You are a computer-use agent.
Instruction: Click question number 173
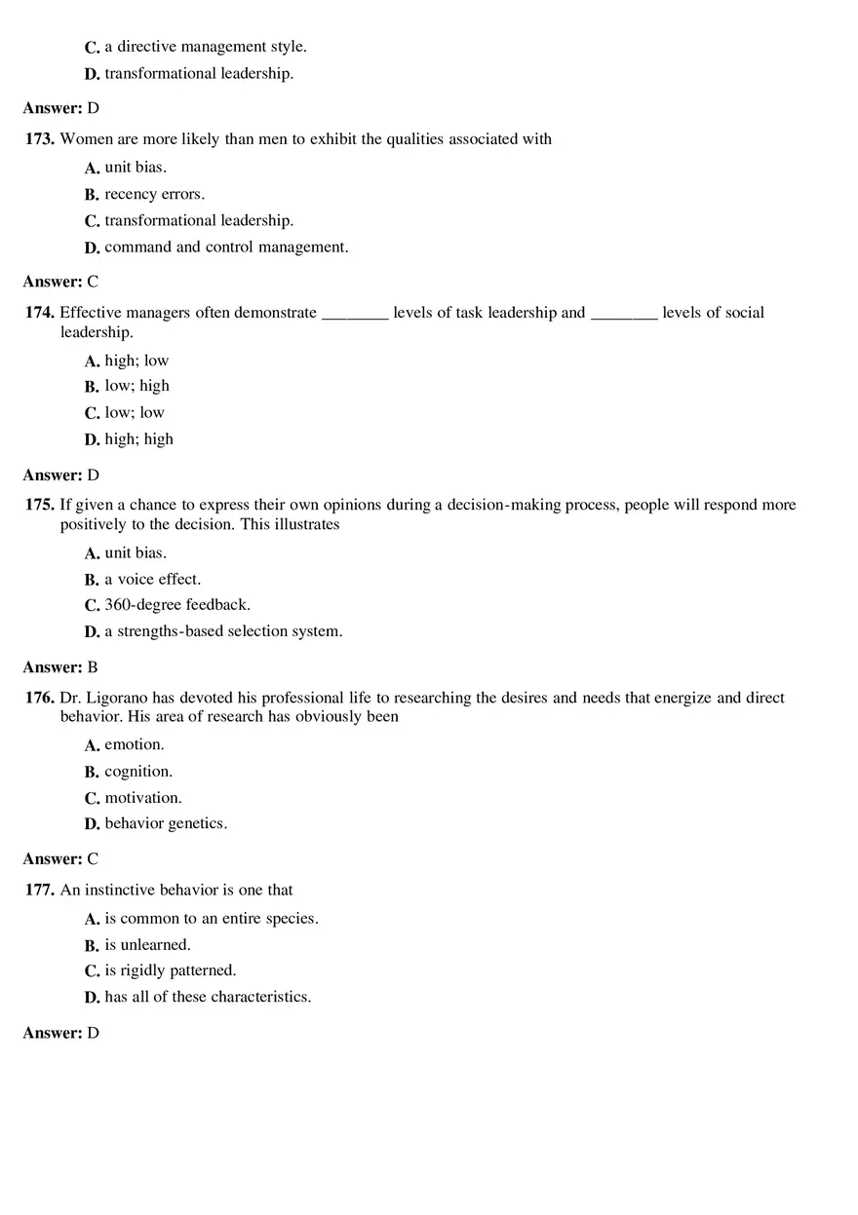pos(40,139)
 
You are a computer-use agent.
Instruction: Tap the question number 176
pos(40,698)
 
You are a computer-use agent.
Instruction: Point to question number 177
pos(40,890)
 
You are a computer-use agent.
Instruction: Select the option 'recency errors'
pos(154,194)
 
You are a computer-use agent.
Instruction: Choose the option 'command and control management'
pos(226,247)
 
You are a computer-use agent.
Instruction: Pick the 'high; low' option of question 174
pos(136,361)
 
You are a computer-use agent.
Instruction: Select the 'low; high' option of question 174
pos(136,386)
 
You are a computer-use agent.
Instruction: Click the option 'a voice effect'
pos(152,579)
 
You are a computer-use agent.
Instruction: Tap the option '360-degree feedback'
pos(177,604)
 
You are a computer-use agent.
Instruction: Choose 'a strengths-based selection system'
pos(223,631)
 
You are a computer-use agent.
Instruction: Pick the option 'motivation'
pos(143,797)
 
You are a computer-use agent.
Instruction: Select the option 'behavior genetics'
pos(166,823)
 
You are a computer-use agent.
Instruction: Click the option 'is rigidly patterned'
pos(171,970)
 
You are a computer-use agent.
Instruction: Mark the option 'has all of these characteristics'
pos(208,997)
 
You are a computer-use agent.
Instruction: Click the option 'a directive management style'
pos(206,47)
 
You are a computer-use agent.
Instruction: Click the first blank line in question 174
pos(355,314)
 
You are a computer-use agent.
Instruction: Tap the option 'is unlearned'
pos(147,945)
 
